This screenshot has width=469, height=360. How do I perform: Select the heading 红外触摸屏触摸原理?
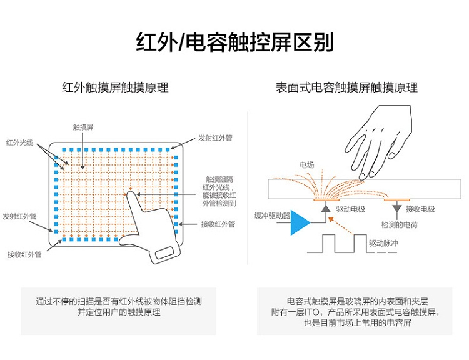tap(115, 87)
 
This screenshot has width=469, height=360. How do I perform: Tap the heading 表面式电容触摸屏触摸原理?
tap(346, 87)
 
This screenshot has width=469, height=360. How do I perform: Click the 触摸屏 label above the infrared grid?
tap(83, 127)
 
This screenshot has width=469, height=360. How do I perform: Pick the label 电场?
tap(306, 165)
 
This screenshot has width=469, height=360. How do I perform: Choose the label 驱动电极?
tap(350, 209)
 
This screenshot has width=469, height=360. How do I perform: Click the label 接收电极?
tap(420, 209)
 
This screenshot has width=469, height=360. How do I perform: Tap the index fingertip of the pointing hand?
tap(131, 194)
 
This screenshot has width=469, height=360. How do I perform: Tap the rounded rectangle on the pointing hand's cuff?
tap(164, 253)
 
